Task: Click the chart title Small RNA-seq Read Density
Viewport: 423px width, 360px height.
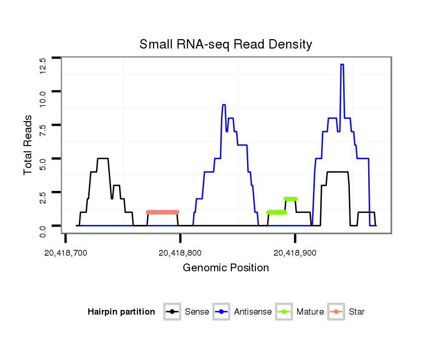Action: tap(226, 44)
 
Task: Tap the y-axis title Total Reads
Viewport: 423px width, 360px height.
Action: tap(29, 145)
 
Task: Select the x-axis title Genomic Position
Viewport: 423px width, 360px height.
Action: tap(226, 268)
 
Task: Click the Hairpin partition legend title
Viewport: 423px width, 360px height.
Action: tap(121, 312)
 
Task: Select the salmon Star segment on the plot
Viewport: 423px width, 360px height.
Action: tap(162, 212)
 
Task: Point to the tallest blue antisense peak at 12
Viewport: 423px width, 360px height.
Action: tap(342, 65)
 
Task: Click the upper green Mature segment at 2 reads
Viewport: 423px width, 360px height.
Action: tap(290, 199)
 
